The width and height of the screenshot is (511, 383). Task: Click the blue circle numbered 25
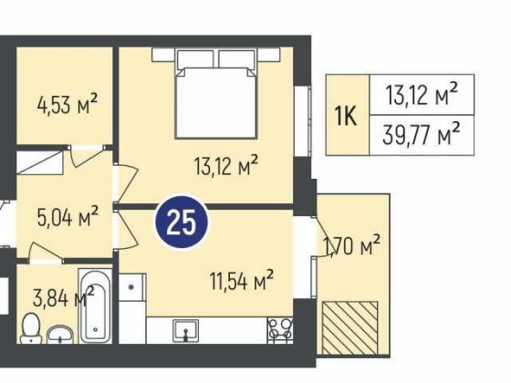tap(182, 223)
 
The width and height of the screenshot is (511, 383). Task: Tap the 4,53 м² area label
tap(68, 104)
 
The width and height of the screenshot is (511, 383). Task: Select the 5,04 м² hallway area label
tap(68, 216)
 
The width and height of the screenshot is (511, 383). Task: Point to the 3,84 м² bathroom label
tap(64, 296)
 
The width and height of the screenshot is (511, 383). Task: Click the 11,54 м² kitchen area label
tap(242, 280)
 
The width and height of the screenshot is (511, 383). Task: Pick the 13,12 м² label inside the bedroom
tap(226, 165)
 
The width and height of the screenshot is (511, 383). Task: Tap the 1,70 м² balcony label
tap(351, 245)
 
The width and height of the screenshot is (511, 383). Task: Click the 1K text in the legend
tap(347, 116)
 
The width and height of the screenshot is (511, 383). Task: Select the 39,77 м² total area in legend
tap(421, 134)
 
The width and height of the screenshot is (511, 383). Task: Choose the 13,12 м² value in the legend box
tap(421, 94)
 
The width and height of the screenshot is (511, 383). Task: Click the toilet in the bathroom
tap(31, 328)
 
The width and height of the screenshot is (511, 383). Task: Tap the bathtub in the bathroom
tap(95, 305)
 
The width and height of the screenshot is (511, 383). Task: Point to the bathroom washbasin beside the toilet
tap(60, 334)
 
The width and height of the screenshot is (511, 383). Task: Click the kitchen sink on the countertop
tap(185, 330)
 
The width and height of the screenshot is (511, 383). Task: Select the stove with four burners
tap(279, 330)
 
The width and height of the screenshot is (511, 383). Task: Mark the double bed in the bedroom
tap(216, 94)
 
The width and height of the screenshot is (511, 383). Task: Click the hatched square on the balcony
tap(350, 328)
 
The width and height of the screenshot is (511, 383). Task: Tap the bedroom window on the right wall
tap(303, 121)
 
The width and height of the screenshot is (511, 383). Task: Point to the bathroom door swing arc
tap(46, 252)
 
